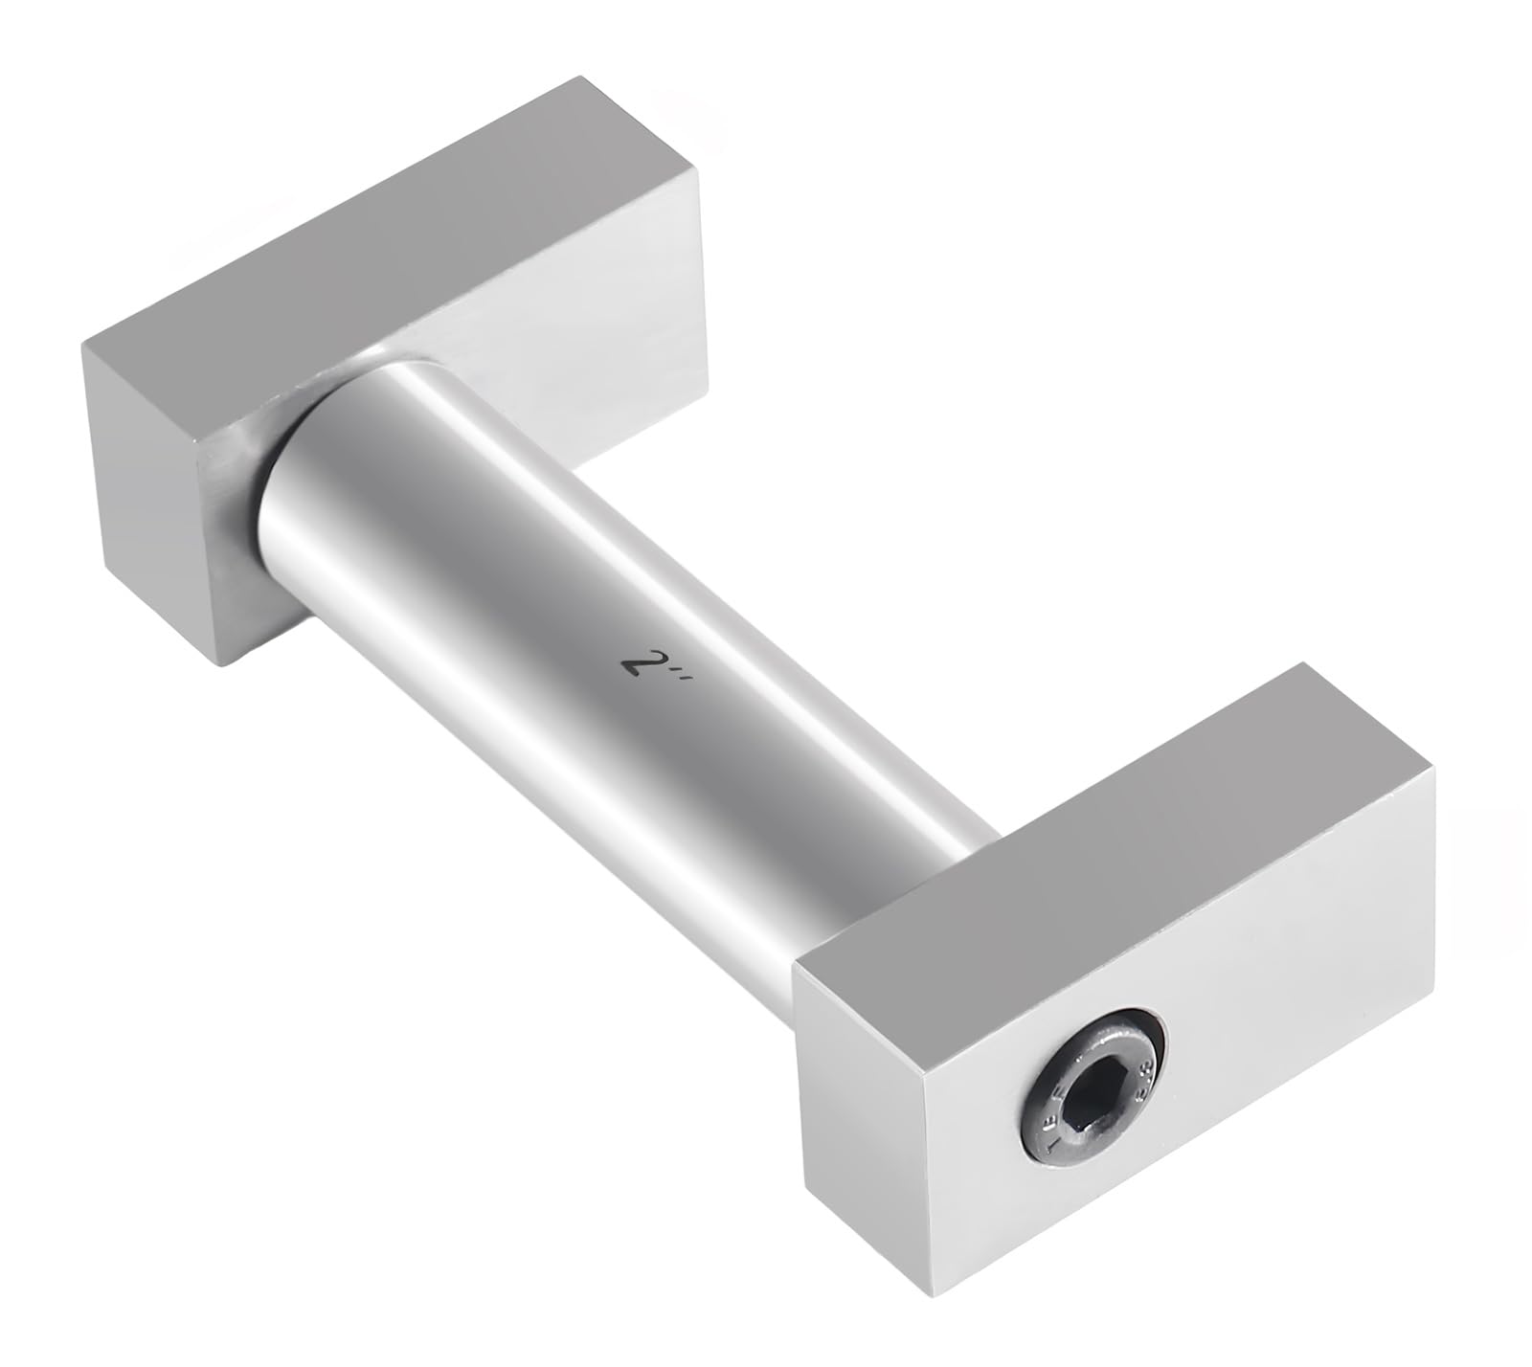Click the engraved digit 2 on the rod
coord(632,661)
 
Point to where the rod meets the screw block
coord(967,842)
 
